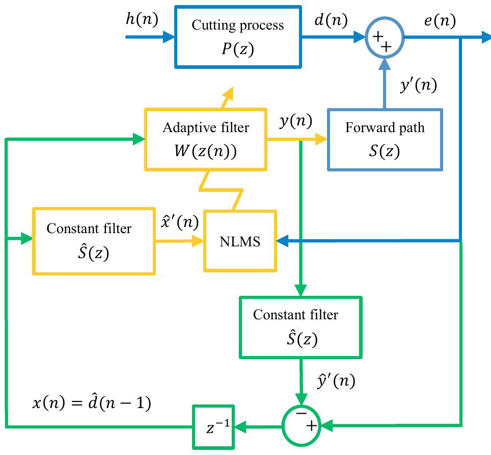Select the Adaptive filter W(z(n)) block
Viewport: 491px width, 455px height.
point(206,140)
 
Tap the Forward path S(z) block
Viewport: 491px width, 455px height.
point(385,139)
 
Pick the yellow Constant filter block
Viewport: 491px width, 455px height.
point(93,241)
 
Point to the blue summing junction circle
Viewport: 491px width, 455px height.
point(385,37)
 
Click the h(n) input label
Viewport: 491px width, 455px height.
point(142,19)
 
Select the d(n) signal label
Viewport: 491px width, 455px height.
point(331,20)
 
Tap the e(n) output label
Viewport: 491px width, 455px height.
point(439,20)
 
